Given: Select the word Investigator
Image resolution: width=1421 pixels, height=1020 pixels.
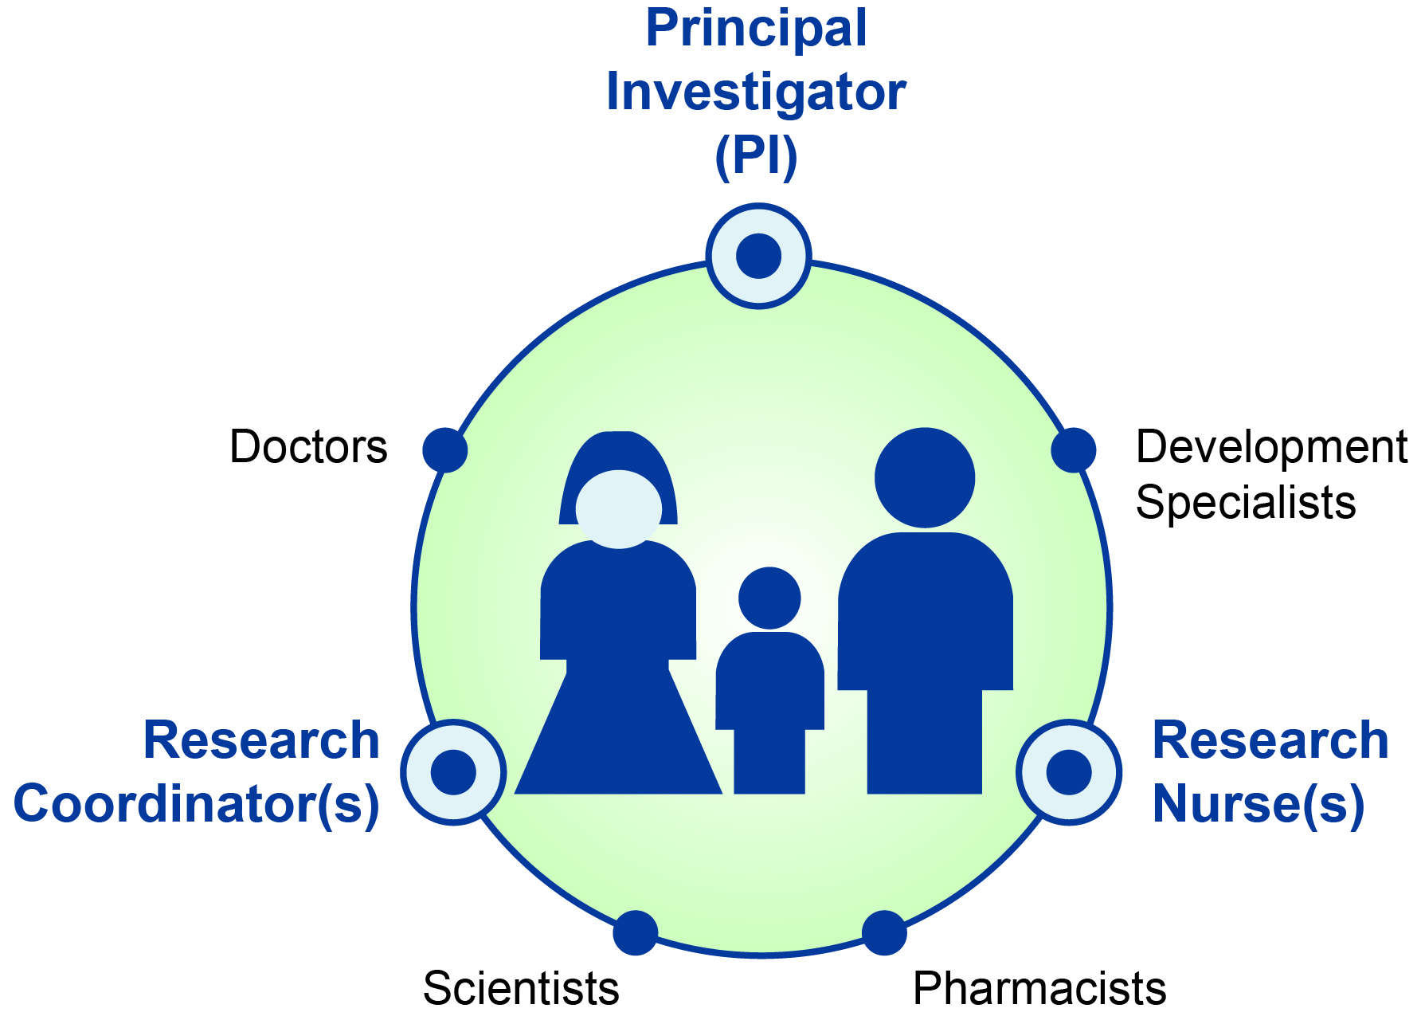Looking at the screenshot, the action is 756,92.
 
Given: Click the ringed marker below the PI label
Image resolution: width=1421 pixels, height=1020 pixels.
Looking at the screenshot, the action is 758,256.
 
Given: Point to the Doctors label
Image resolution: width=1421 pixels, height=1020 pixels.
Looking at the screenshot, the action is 308,446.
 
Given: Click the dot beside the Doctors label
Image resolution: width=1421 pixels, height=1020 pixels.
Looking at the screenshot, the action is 444,450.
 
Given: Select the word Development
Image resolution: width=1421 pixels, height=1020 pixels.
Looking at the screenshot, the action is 1271,446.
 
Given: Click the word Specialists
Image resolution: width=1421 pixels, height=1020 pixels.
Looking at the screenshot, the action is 1246,503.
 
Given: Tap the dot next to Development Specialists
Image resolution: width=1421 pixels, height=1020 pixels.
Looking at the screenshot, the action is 1073,450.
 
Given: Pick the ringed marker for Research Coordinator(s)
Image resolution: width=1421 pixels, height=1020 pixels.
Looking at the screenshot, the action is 453,771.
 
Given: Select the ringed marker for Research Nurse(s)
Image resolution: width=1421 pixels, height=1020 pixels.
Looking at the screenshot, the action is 1069,771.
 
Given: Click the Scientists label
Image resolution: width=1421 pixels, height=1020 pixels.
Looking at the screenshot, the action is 521,989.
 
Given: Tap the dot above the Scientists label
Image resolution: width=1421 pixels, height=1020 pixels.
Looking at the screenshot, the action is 635,932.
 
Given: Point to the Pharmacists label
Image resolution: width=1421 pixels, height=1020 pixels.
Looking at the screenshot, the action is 1039,989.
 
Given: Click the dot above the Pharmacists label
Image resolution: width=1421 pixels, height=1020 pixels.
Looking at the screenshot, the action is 884,932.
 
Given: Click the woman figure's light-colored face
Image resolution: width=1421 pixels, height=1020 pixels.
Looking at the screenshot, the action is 619,510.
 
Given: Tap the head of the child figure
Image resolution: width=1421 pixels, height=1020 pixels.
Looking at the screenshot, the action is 769,598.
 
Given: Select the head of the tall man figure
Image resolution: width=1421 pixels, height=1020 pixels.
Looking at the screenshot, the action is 925,478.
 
